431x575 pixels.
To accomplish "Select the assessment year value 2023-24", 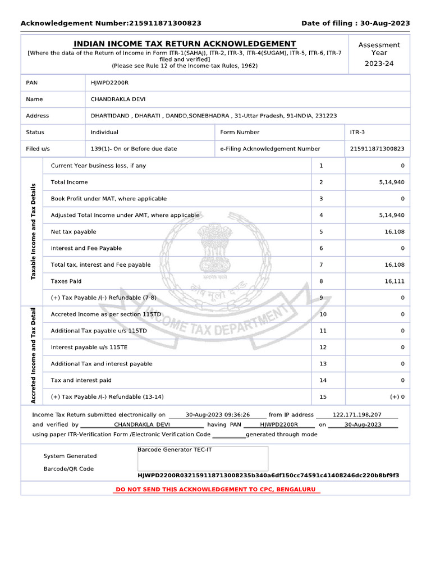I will [379, 63].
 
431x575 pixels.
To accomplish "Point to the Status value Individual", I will [104, 133].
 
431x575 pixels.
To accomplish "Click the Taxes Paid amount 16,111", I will [394, 281].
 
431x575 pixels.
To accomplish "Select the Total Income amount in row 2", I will [391, 182].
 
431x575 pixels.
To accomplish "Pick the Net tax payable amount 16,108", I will [394, 232].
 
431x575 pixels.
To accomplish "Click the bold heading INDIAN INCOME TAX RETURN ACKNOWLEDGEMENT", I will [185, 44].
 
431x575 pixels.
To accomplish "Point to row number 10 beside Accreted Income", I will [323, 314].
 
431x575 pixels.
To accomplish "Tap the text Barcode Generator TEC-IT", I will [175, 450].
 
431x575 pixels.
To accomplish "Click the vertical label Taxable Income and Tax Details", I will [33, 231].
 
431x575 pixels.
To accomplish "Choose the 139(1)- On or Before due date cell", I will [134, 149].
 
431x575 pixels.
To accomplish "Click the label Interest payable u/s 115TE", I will [89, 348].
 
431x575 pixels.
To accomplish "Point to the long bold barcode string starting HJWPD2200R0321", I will [268, 476].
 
